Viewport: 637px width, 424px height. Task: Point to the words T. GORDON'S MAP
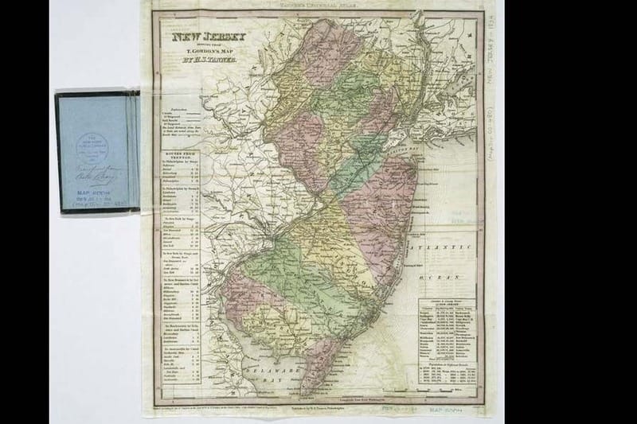tap(197, 52)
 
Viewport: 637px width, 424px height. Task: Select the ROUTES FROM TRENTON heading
tap(181, 135)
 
